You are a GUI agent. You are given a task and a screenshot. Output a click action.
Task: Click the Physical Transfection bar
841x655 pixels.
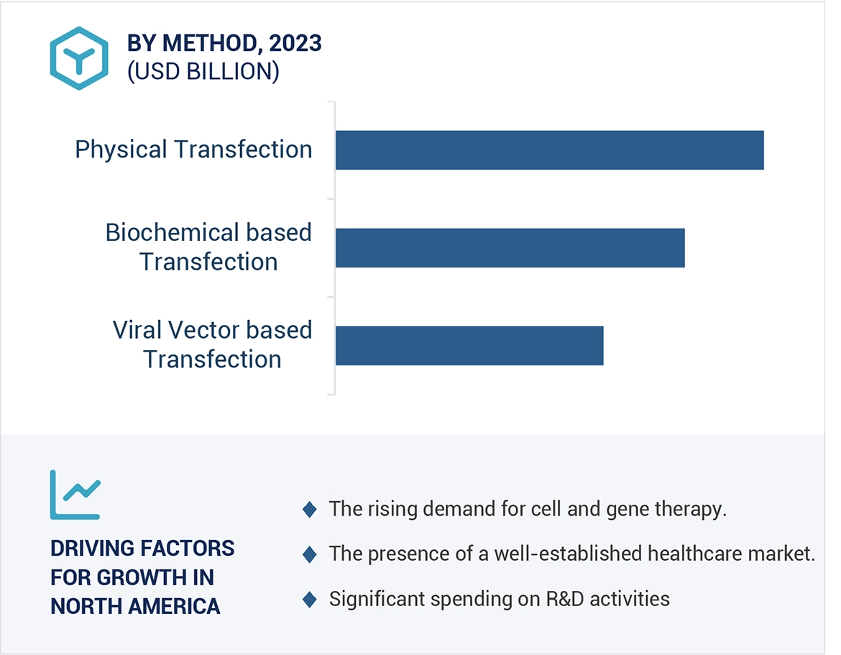[549, 150]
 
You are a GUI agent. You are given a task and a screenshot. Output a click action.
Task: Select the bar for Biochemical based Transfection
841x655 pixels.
[510, 247]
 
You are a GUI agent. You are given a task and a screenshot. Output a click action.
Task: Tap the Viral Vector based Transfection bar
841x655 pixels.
[469, 345]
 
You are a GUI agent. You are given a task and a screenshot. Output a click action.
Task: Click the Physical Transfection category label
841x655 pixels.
[193, 150]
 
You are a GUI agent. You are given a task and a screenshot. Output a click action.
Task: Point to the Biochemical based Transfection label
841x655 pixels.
[208, 247]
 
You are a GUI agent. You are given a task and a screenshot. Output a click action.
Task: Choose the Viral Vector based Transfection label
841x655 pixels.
[212, 344]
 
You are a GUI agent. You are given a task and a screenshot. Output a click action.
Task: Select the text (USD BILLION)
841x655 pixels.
[203, 72]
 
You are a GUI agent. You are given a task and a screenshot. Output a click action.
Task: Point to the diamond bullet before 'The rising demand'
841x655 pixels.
[310, 510]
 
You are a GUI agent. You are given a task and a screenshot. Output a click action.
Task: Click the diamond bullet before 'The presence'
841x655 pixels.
[310, 554]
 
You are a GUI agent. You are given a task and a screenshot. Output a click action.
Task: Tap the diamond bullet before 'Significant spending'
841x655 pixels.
[310, 600]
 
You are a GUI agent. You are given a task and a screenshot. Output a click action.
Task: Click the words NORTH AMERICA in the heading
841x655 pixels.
[135, 606]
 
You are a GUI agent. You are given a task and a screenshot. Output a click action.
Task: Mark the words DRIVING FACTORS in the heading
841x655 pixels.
[142, 548]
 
